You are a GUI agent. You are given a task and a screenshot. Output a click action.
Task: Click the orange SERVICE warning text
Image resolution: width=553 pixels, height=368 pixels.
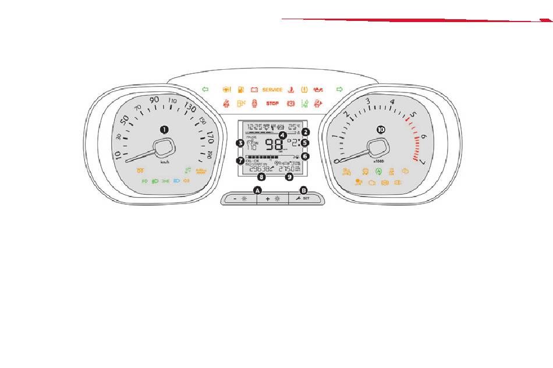[272, 90]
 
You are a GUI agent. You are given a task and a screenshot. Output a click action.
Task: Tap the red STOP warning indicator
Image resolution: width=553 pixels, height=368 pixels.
[272, 103]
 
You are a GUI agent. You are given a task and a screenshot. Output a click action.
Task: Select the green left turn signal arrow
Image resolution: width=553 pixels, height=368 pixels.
[205, 90]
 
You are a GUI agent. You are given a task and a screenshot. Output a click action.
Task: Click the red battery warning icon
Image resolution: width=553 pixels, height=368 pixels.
[254, 90]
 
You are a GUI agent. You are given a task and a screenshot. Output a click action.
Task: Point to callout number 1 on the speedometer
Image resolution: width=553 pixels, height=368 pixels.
[164, 128]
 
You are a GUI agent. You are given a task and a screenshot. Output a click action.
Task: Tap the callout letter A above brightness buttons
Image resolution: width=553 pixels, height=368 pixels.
[258, 190]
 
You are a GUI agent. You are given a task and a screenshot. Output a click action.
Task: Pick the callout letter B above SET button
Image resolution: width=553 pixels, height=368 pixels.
[303, 190]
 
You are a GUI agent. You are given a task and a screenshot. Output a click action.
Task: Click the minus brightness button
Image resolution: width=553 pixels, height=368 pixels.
[239, 199]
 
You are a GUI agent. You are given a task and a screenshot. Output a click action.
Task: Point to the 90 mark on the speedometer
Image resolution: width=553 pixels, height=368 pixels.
[154, 99]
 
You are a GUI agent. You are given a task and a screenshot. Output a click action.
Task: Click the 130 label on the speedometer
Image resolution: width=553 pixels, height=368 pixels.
[190, 108]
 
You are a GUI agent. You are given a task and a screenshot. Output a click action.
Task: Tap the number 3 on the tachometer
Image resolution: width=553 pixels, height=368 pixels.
[367, 101]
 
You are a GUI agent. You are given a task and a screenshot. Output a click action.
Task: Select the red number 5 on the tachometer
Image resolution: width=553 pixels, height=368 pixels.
[413, 115]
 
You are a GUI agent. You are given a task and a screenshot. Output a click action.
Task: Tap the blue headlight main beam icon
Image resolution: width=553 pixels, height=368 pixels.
[176, 181]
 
